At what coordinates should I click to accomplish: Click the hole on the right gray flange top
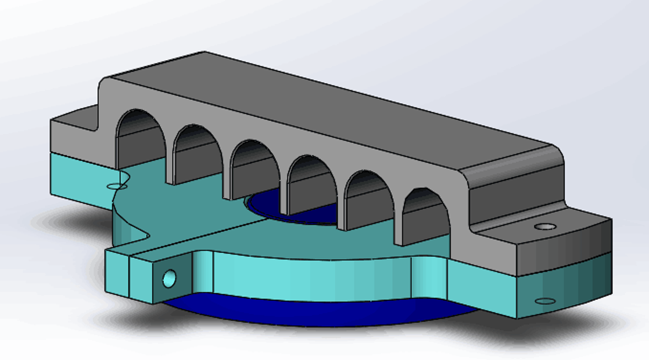545,226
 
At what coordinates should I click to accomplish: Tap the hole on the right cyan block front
546,301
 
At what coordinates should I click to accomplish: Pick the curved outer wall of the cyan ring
309,276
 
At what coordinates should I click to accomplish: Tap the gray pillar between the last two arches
397,213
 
